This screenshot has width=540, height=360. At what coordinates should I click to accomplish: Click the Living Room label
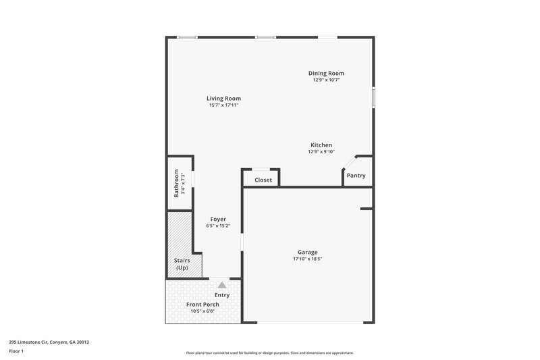tap(223, 99)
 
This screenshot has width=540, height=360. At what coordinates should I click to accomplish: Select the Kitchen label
tap(321, 145)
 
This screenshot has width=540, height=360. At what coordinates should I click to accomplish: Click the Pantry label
tap(356, 176)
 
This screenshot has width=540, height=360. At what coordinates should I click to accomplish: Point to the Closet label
tap(263, 180)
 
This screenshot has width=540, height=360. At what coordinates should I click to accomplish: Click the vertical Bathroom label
tap(176, 183)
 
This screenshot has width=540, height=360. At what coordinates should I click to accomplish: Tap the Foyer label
tap(218, 219)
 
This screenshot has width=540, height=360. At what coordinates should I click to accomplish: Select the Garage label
tap(307, 252)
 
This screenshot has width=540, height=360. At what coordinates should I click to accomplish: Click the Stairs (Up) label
tap(182, 264)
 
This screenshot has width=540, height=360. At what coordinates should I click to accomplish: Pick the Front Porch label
tap(202, 304)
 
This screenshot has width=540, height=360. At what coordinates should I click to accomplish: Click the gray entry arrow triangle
tap(222, 285)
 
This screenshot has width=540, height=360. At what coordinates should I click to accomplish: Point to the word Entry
tap(222, 294)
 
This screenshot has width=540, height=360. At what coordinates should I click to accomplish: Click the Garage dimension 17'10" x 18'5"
tap(307, 259)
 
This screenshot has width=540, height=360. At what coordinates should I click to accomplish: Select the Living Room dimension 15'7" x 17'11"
tap(223, 105)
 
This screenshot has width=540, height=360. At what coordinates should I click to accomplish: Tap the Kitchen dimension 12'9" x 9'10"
tap(321, 152)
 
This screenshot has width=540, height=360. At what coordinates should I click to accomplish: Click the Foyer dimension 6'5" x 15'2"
tap(218, 226)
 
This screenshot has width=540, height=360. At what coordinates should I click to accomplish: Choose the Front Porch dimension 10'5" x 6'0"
tap(202, 311)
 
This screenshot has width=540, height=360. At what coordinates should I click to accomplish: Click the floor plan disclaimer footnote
tap(269, 353)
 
